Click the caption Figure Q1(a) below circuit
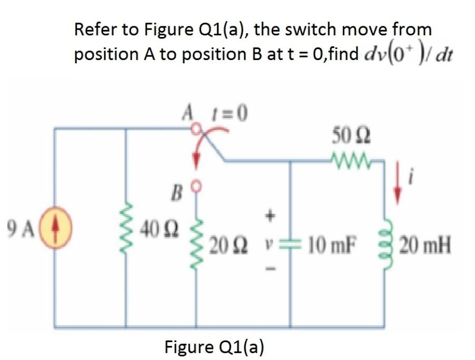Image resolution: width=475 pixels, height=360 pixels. pyautogui.click(x=214, y=346)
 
